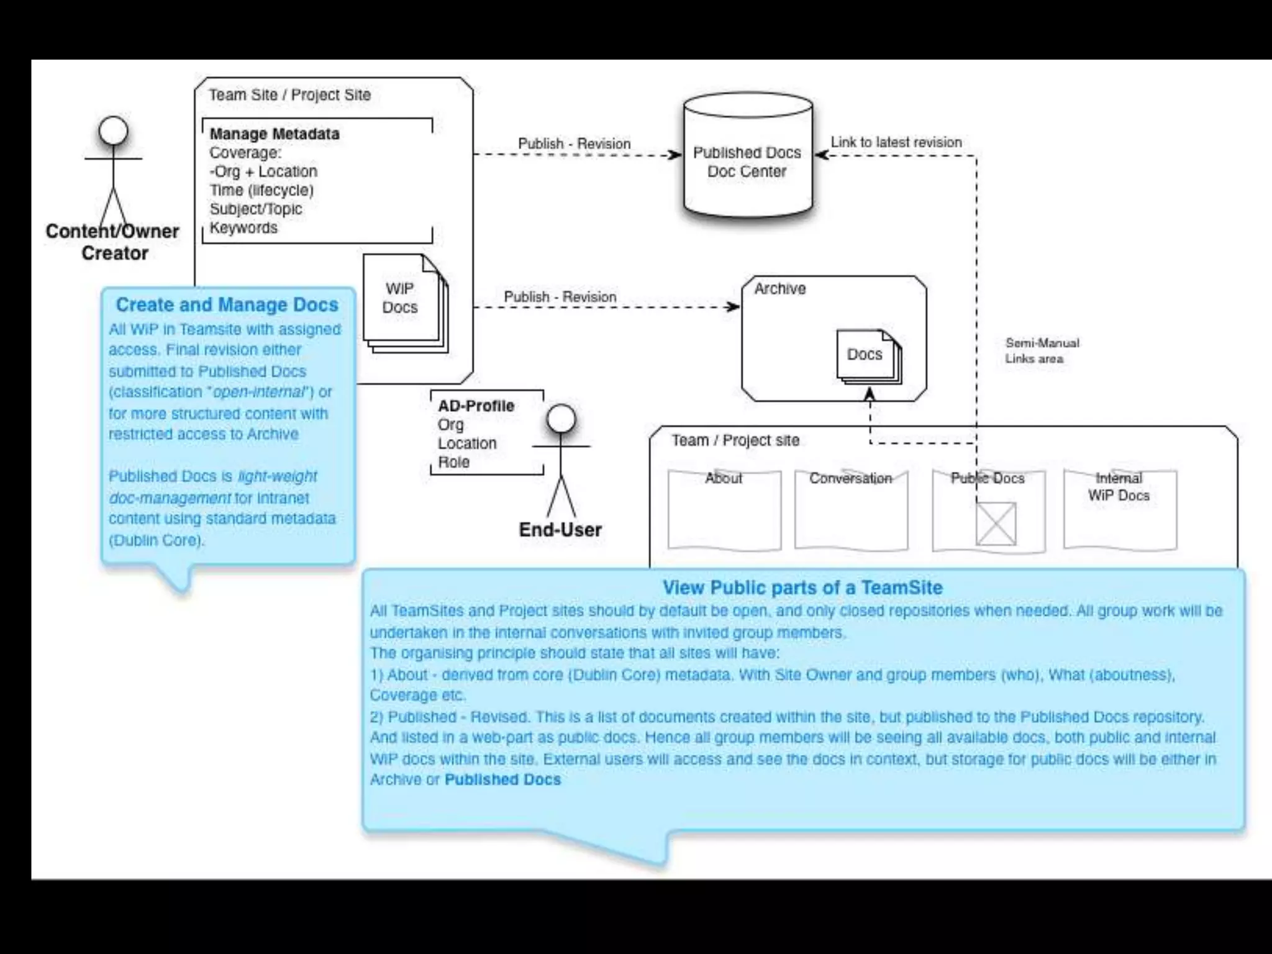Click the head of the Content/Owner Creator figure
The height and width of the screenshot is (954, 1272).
pos(113,131)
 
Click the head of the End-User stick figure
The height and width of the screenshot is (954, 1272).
pos(561,419)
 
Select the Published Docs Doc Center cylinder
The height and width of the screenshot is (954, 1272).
pos(747,159)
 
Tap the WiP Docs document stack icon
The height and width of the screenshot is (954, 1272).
pos(404,302)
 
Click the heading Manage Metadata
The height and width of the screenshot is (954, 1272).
pos(275,134)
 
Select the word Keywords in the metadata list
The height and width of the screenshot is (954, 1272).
pos(243,228)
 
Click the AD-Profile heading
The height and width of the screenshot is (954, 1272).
pos(476,406)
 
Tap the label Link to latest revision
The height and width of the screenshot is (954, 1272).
pos(896,142)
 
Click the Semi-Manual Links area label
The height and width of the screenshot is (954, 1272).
pos(1042,351)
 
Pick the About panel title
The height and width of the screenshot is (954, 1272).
pos(724,478)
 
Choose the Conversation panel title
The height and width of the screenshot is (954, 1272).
pos(850,478)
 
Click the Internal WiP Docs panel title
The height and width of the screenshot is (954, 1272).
pos(1119,487)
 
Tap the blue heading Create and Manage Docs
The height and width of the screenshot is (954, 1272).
pos(227,305)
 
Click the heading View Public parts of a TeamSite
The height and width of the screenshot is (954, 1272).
pos(802,588)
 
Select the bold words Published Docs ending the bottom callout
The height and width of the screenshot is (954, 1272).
pos(502,780)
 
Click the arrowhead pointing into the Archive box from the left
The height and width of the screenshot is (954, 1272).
pos(734,306)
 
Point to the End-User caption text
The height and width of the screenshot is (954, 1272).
pos(560,530)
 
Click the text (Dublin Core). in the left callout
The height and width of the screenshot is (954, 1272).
pos(157,540)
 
